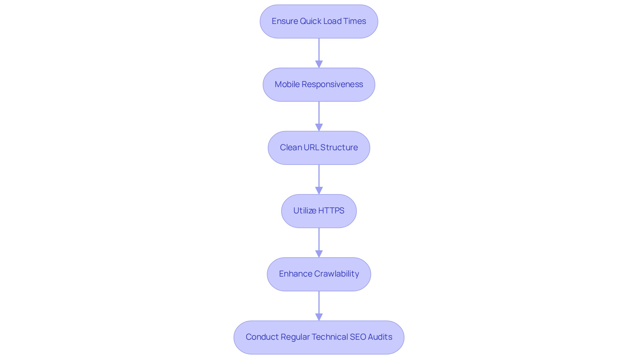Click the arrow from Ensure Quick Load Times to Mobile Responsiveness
tap(319, 50)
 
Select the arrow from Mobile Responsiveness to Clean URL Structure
tap(319, 113)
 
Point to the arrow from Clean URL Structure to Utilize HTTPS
tap(319, 176)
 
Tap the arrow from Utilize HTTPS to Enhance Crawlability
tap(319, 239)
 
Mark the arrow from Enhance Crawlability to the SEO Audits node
tap(319, 302)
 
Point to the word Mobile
tap(287, 84)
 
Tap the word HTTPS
tap(331, 211)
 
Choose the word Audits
tap(380, 337)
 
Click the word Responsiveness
tap(332, 84)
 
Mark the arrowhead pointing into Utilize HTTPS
tap(319, 191)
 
